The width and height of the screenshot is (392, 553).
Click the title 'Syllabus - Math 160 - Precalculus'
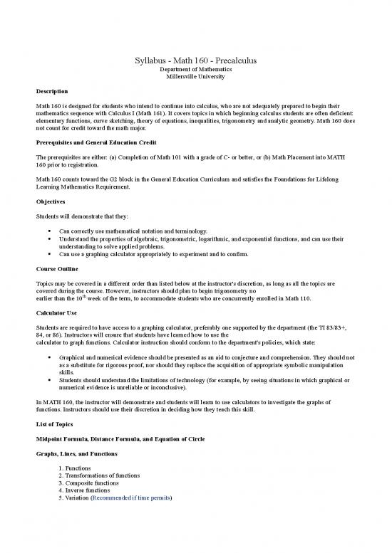click(195, 61)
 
